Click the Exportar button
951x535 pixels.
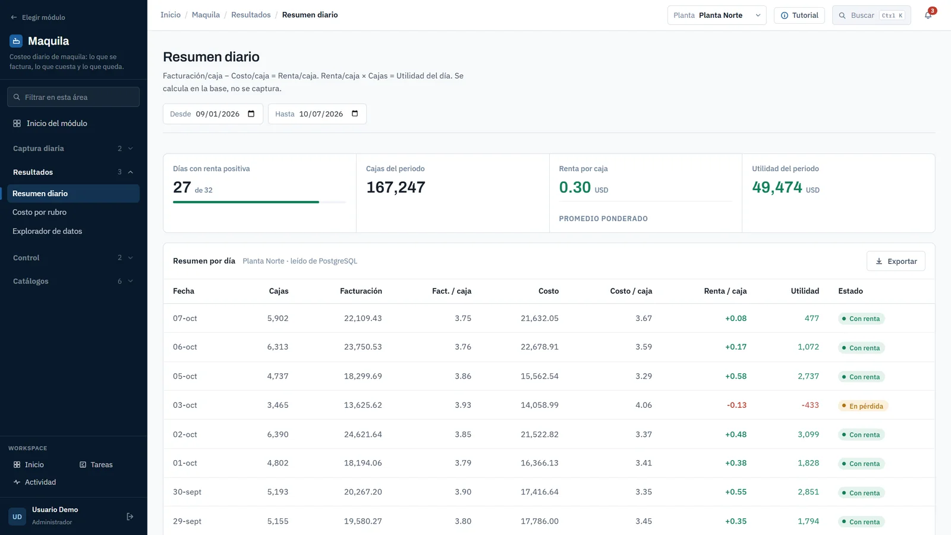point(896,261)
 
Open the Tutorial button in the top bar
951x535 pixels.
point(799,15)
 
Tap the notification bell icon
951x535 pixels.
point(928,15)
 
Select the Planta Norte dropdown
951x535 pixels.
point(717,15)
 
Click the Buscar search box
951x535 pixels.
point(871,15)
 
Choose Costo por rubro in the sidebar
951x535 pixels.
point(39,212)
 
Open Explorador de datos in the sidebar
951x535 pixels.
point(47,231)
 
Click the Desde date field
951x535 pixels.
point(213,114)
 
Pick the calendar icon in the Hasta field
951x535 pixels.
point(355,114)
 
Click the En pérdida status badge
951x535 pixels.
point(862,406)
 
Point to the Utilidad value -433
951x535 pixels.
point(810,405)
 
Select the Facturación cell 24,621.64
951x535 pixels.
point(363,435)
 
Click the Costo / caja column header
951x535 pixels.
point(631,291)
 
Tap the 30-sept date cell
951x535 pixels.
point(187,492)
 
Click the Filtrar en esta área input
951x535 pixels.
point(74,97)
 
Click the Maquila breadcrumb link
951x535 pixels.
point(206,15)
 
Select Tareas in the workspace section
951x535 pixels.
point(96,464)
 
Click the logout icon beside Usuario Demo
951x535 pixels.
point(130,517)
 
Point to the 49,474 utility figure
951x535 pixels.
point(777,187)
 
